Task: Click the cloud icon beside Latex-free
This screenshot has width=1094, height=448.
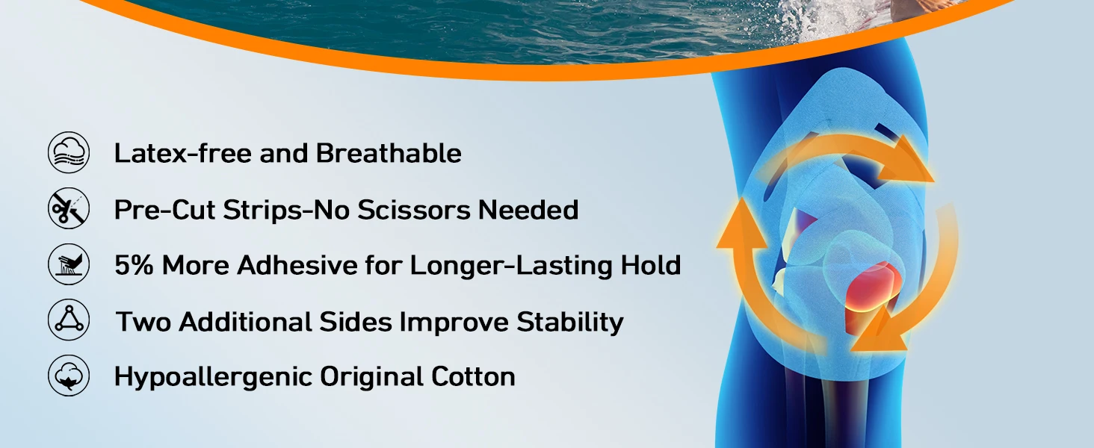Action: (69, 152)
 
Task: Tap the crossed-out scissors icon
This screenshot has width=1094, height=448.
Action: (69, 208)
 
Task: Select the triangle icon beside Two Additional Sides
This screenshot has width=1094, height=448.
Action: (69, 320)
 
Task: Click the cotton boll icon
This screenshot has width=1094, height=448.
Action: (69, 376)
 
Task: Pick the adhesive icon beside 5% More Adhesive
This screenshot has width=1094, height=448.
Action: (69, 264)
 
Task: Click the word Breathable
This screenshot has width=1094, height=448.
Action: (389, 153)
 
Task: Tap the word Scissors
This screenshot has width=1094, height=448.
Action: (414, 209)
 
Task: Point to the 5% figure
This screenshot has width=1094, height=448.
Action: (134, 265)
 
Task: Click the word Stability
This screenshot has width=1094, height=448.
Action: (570, 323)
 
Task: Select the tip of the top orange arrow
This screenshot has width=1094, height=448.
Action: (934, 181)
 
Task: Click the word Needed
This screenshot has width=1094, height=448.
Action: (528, 209)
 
